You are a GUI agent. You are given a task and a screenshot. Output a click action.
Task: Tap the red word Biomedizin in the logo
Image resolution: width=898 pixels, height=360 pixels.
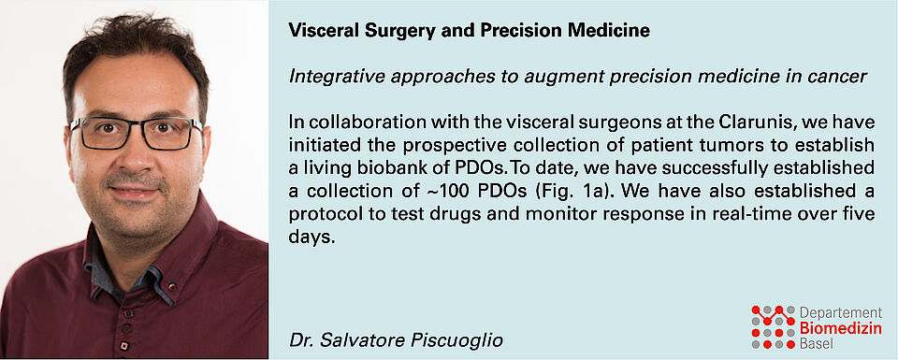[841, 328]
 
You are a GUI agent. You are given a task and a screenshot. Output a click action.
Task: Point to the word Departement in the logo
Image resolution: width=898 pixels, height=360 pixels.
[841, 313]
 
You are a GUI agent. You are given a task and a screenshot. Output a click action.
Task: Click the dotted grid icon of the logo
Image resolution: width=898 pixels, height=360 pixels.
[774, 326]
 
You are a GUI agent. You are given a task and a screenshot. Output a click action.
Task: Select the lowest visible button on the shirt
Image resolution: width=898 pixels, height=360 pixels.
[123, 345]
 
